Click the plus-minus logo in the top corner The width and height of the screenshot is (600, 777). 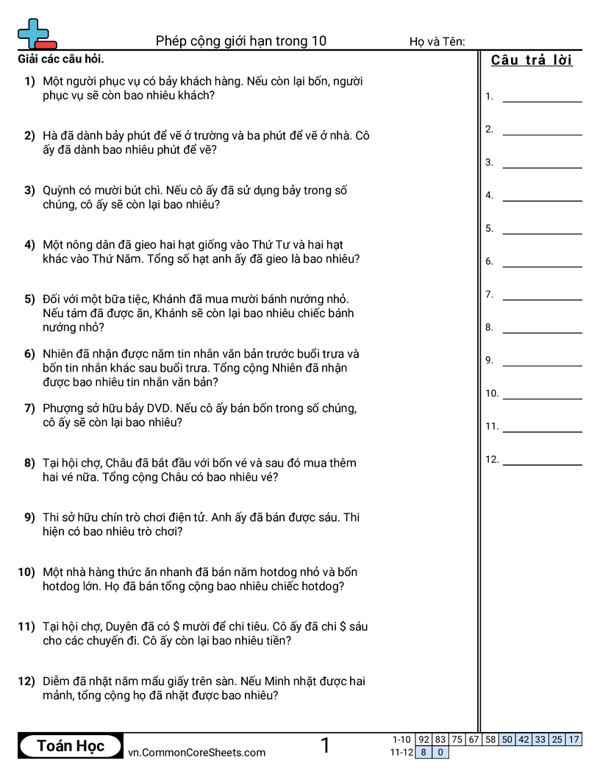pos(36,34)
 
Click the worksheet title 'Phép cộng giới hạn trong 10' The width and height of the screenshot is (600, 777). pos(241,41)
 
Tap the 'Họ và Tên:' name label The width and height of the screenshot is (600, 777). pos(437,42)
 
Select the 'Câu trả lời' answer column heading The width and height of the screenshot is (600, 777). pos(532,60)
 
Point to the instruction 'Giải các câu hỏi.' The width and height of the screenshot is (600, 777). pos(60,59)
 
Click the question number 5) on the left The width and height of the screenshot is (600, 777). pos(29,299)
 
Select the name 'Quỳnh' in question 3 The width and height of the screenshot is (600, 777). pos(60,191)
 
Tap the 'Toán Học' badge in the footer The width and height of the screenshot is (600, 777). pos(71,746)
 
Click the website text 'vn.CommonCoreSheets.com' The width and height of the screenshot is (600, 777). pos(196,753)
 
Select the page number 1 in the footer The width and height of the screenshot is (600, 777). pos(325,746)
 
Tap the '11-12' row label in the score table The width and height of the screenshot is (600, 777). pos(401,753)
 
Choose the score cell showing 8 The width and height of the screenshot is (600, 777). pos(424,753)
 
